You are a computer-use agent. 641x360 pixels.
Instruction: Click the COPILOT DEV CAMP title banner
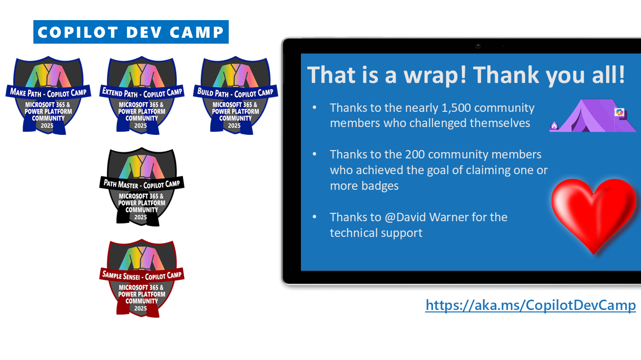pyautogui.click(x=131, y=32)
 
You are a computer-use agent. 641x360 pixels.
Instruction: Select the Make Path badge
pyautogui.click(x=48, y=95)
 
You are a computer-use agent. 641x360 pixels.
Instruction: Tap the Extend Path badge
pyautogui.click(x=142, y=95)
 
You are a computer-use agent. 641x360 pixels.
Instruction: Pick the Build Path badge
pyautogui.click(x=235, y=95)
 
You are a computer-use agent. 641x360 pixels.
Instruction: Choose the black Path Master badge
pyautogui.click(x=142, y=187)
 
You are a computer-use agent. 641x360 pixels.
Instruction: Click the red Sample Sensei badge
pyautogui.click(x=142, y=278)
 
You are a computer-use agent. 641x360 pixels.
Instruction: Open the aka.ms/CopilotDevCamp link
pyautogui.click(x=531, y=305)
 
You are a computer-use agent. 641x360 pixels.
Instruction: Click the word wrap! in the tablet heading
pyautogui.click(x=435, y=75)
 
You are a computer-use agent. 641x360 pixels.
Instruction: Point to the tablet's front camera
pyautogui.click(x=478, y=46)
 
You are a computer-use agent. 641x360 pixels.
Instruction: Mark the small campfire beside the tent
pyautogui.click(x=554, y=126)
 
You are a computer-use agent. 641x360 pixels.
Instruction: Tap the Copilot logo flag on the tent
pyautogui.click(x=619, y=112)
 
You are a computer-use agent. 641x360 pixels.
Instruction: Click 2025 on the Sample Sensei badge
pyautogui.click(x=140, y=309)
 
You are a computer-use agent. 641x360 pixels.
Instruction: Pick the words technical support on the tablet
pyautogui.click(x=376, y=233)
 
